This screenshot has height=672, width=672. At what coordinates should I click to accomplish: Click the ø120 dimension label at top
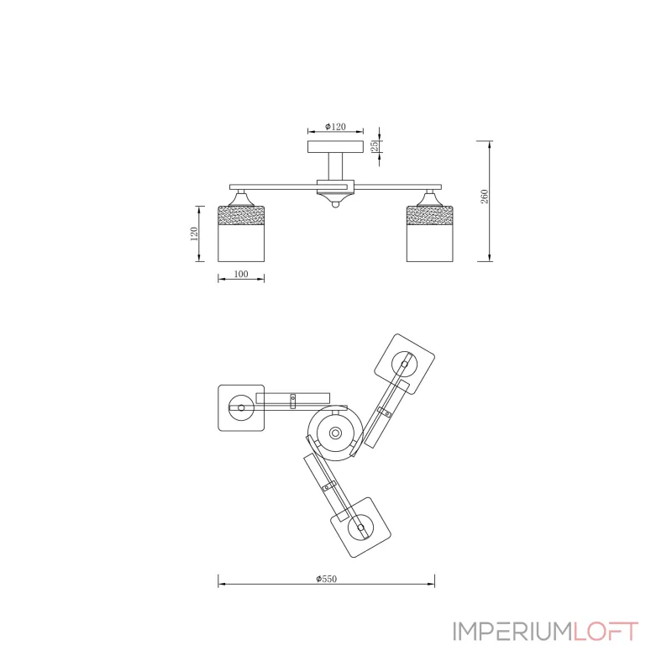(x=335, y=127)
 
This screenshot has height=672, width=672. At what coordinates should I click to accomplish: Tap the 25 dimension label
(x=375, y=145)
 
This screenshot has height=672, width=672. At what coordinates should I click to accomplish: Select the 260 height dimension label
(x=485, y=197)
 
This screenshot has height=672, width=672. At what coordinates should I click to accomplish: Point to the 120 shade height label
(x=194, y=234)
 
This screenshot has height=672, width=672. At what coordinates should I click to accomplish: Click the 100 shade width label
(x=241, y=274)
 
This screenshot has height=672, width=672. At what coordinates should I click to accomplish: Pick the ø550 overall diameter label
(x=327, y=579)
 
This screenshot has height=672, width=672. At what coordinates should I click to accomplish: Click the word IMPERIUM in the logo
(x=512, y=632)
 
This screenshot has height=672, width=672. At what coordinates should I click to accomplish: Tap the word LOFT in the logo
(x=606, y=632)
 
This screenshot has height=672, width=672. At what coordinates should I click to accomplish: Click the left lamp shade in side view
(x=241, y=234)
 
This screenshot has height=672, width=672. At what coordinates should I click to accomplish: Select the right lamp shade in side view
(x=429, y=234)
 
